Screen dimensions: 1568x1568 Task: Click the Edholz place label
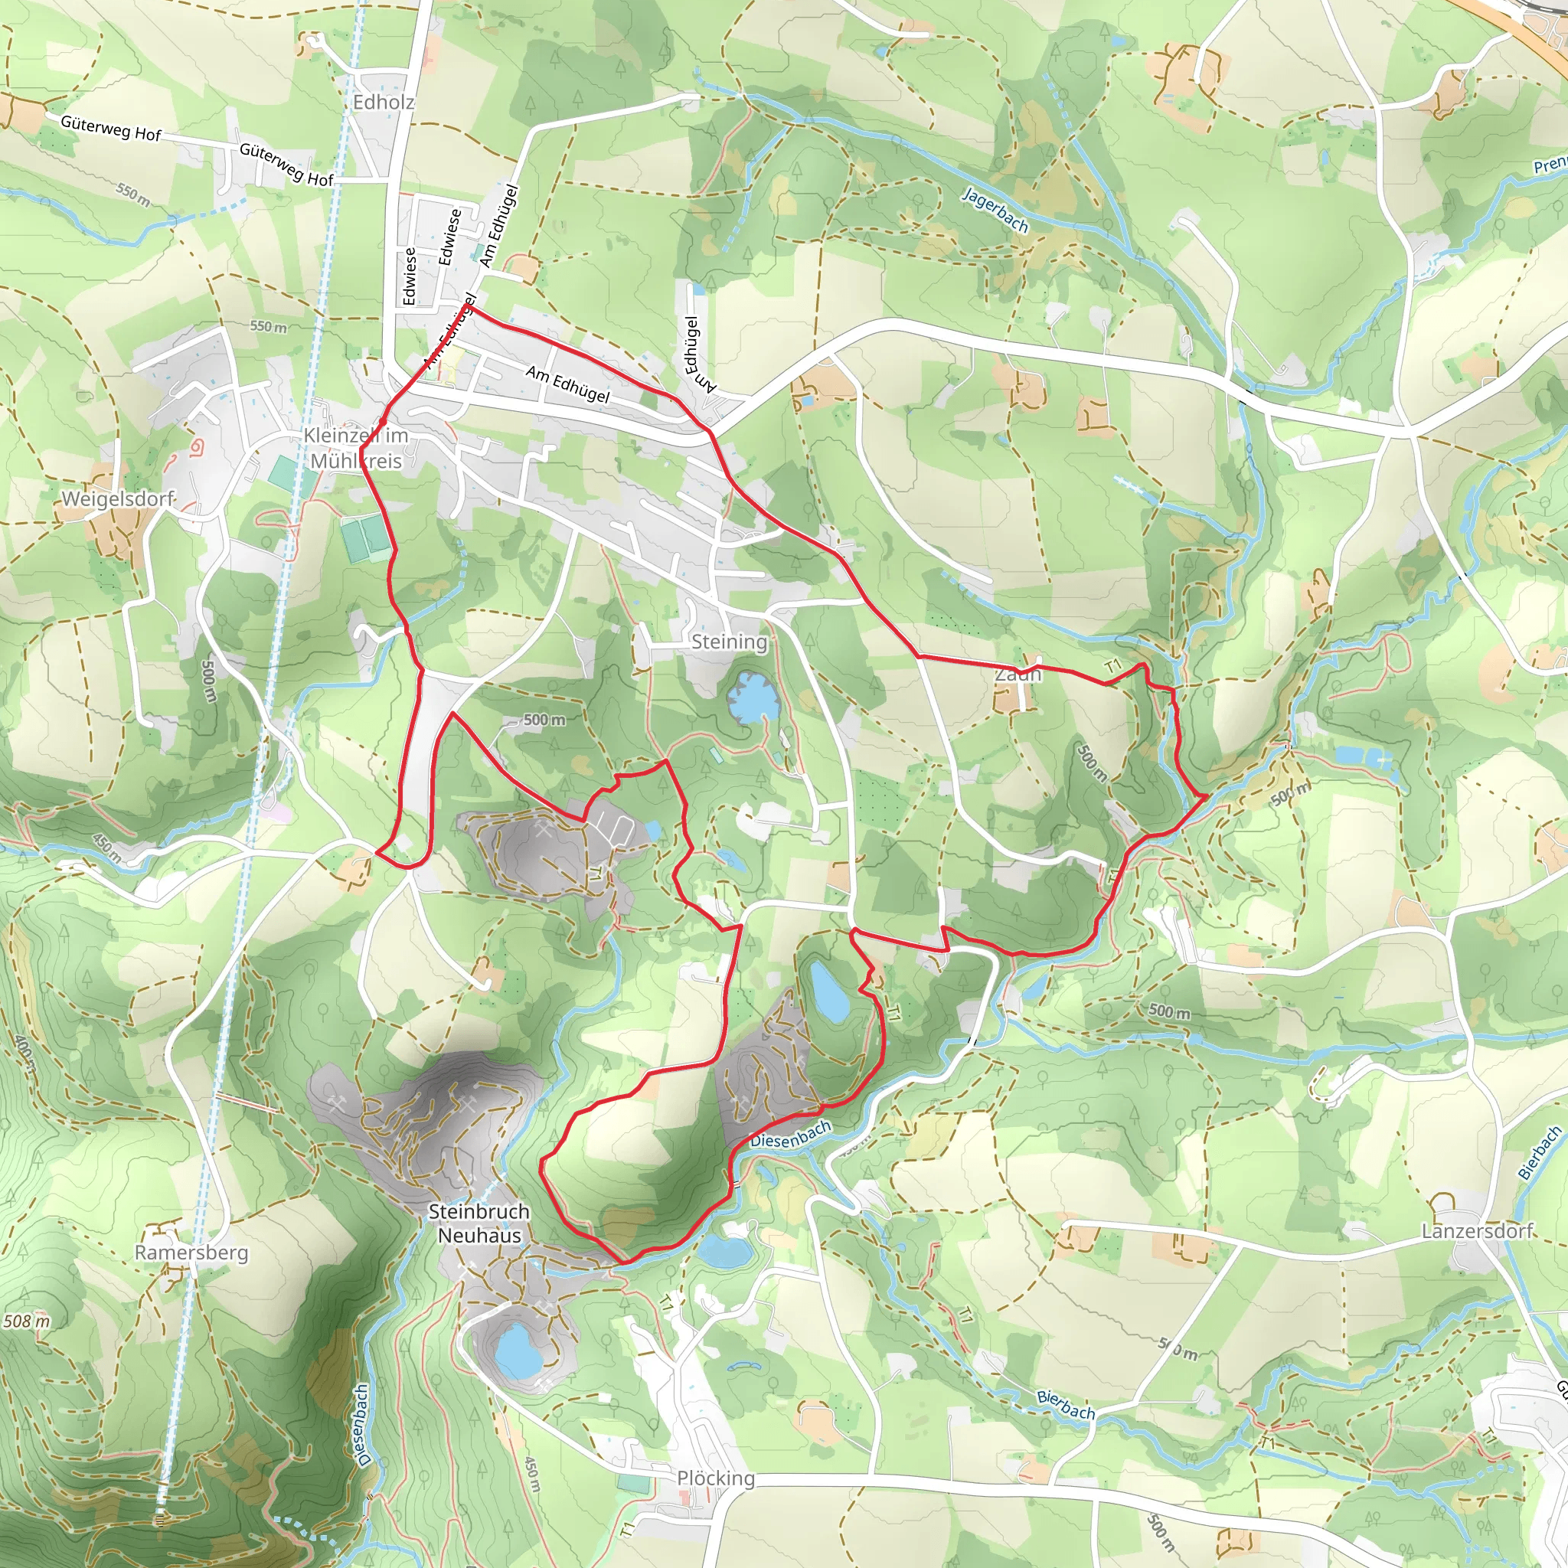coord(383,103)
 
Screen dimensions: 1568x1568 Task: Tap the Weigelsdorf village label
coord(119,498)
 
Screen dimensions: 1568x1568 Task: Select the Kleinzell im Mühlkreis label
coord(355,448)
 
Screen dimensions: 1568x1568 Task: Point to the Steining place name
coord(729,642)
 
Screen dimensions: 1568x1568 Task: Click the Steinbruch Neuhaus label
coord(479,1223)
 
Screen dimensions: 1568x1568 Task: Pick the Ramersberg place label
coord(191,1252)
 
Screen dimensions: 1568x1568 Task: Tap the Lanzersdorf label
coord(1477,1231)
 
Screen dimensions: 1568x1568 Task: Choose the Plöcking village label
coord(716,1478)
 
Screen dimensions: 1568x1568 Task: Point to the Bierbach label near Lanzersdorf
coord(1538,1152)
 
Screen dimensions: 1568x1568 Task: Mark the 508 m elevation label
coord(26,1321)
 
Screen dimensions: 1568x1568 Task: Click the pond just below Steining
coord(753,698)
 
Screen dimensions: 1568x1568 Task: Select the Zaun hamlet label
coord(1018,675)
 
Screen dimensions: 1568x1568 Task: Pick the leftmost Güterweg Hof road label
coord(111,127)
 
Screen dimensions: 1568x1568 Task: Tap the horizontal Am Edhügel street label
coord(567,384)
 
